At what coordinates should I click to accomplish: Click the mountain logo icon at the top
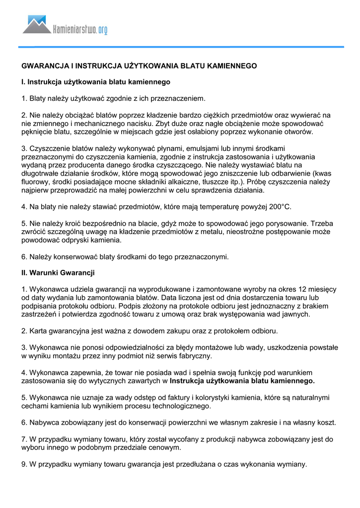[37, 25]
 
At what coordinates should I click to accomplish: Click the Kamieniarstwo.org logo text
[80, 30]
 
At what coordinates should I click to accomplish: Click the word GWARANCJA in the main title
[42, 65]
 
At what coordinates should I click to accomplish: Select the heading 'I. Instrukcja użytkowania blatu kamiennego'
[96, 81]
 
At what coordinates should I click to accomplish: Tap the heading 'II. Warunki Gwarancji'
[58, 272]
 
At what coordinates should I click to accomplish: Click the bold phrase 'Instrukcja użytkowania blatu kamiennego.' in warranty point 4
[242, 381]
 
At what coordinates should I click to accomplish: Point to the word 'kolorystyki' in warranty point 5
[205, 397]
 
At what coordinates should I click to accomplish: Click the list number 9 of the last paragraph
[24, 464]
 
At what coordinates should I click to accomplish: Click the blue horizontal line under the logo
[181, 47]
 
